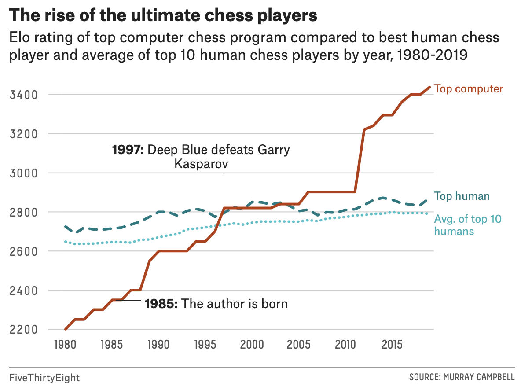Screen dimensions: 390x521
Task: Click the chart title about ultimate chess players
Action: click(163, 16)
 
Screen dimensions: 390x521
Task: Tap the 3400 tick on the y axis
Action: click(22, 95)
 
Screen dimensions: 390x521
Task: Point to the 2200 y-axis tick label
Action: click(22, 329)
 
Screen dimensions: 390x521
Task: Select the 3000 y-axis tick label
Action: click(22, 173)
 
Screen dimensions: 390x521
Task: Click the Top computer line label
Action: click(468, 88)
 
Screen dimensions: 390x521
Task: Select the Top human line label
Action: click(462, 196)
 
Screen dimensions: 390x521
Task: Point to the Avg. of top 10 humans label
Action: click(468, 225)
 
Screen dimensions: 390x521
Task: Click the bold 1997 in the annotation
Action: click(128, 150)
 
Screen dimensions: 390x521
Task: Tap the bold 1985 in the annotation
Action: click(161, 304)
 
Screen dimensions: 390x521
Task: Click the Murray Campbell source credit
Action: click(462, 378)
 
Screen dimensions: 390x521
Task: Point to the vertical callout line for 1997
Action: click(224, 189)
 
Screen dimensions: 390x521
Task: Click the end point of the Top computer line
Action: click(429, 87)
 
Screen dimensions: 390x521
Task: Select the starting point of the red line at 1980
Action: click(66, 329)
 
